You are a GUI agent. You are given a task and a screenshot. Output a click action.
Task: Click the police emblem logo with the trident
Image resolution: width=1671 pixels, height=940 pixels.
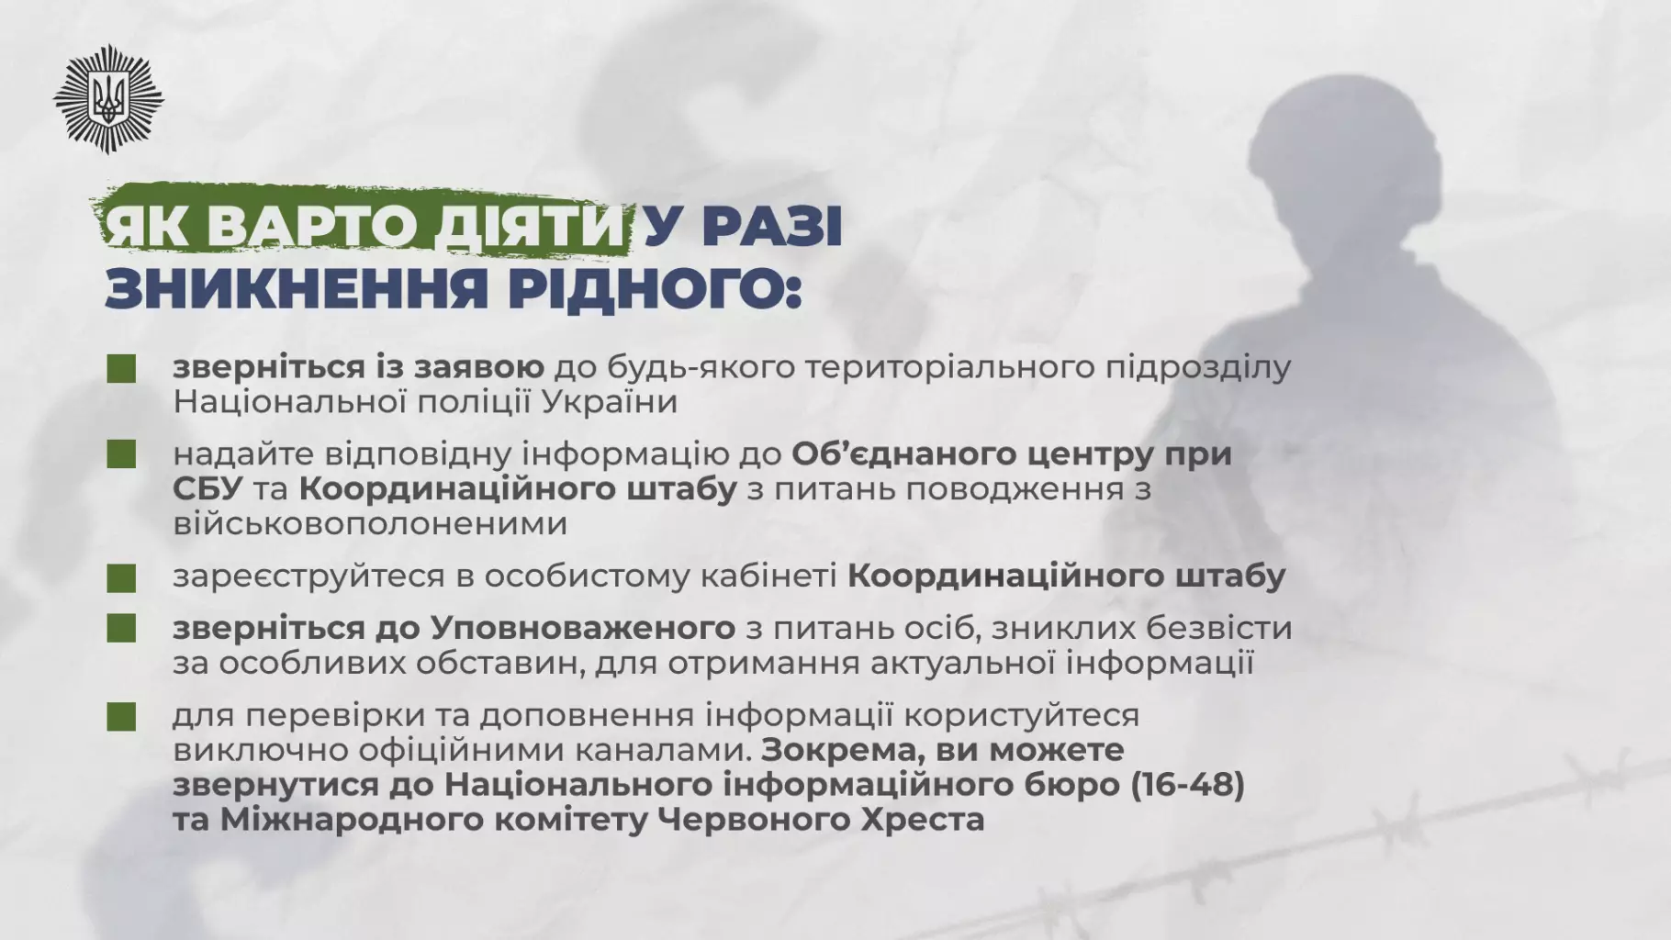click(107, 97)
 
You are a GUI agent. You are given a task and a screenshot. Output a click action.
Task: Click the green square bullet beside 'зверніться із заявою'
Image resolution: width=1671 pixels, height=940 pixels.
click(121, 368)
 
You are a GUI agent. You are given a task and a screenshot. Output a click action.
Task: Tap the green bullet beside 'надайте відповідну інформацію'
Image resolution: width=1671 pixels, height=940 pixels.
click(121, 454)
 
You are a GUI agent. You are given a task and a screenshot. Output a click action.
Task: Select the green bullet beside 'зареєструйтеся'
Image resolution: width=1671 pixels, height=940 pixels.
click(121, 577)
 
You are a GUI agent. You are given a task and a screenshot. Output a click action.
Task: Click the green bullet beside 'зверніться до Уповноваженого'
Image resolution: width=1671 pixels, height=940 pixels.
click(121, 629)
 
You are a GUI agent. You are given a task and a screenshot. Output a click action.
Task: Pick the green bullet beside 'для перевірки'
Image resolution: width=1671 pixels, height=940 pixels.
click(121, 716)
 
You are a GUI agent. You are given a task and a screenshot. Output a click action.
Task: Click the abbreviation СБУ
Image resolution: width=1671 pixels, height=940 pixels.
click(207, 489)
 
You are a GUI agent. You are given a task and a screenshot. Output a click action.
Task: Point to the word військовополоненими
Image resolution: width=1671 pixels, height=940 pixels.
click(369, 524)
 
